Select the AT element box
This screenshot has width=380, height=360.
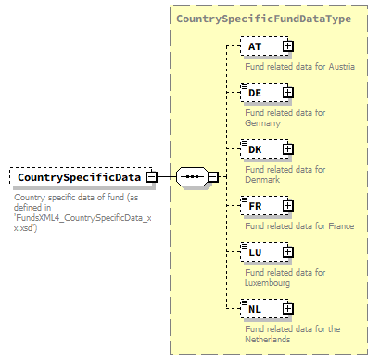coord(260,45)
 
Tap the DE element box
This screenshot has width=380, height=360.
coord(260,92)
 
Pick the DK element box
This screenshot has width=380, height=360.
coord(260,148)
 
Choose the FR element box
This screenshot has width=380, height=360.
coord(260,205)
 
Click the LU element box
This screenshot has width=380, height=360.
coord(260,251)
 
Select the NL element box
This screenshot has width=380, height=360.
coord(260,307)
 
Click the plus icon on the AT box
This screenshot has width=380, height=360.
coord(287,45)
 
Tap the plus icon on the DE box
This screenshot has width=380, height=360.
coord(287,92)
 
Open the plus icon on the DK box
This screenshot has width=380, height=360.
coord(287,148)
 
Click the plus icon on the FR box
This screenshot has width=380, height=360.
coord(287,205)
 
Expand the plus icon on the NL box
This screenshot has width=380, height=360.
coord(287,307)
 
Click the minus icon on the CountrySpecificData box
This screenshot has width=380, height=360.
coord(151,176)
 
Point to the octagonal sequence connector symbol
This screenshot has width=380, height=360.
coord(192,176)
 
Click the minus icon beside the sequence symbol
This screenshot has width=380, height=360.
coord(213,176)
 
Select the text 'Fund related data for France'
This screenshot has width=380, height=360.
coord(298,226)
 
